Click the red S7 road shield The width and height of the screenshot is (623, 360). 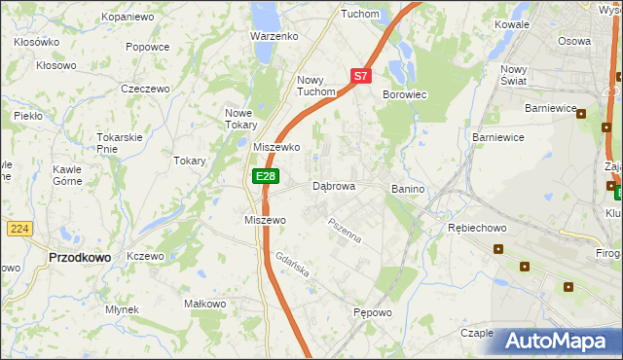pos(361,75)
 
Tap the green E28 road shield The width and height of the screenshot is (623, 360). pos(265,175)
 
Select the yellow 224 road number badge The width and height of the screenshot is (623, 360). pos(18,228)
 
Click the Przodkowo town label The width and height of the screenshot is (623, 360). pos(79,257)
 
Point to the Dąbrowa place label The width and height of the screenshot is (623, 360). pos(333,186)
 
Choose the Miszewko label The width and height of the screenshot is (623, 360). pos(276,147)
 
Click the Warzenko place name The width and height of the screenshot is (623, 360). pos(274,36)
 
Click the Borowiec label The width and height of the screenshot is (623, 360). pos(405,94)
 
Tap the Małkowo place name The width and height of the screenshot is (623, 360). pos(205,304)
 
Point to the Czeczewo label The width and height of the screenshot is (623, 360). pos(145,88)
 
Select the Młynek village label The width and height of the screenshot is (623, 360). pos(123,309)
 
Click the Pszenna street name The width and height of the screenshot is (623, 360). pos(345,232)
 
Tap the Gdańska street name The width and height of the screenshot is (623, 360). pos(292,268)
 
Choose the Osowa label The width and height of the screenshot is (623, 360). pos(574,41)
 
